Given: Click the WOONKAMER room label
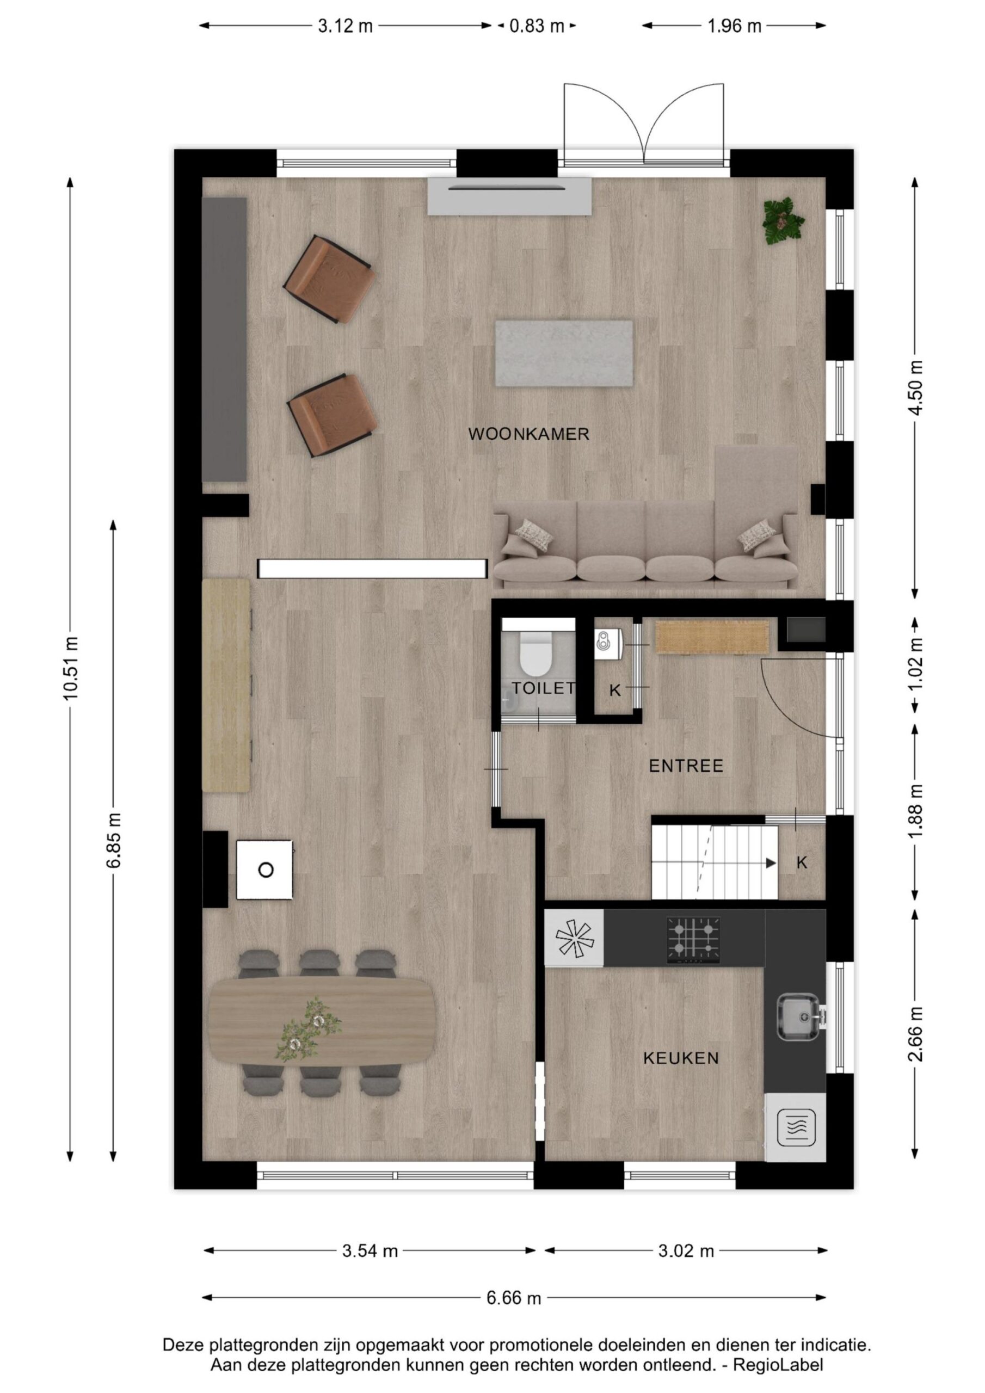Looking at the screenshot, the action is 528,434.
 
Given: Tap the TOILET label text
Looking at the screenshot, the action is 543,688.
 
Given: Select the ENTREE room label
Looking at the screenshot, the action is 686,766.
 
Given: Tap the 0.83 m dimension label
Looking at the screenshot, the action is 537,26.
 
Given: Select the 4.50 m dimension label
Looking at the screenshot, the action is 915,387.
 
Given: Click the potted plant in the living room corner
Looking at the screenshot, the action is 784,221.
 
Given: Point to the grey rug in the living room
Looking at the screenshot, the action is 564,353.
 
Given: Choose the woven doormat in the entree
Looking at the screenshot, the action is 712,637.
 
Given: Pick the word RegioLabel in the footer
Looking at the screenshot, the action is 778,1366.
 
